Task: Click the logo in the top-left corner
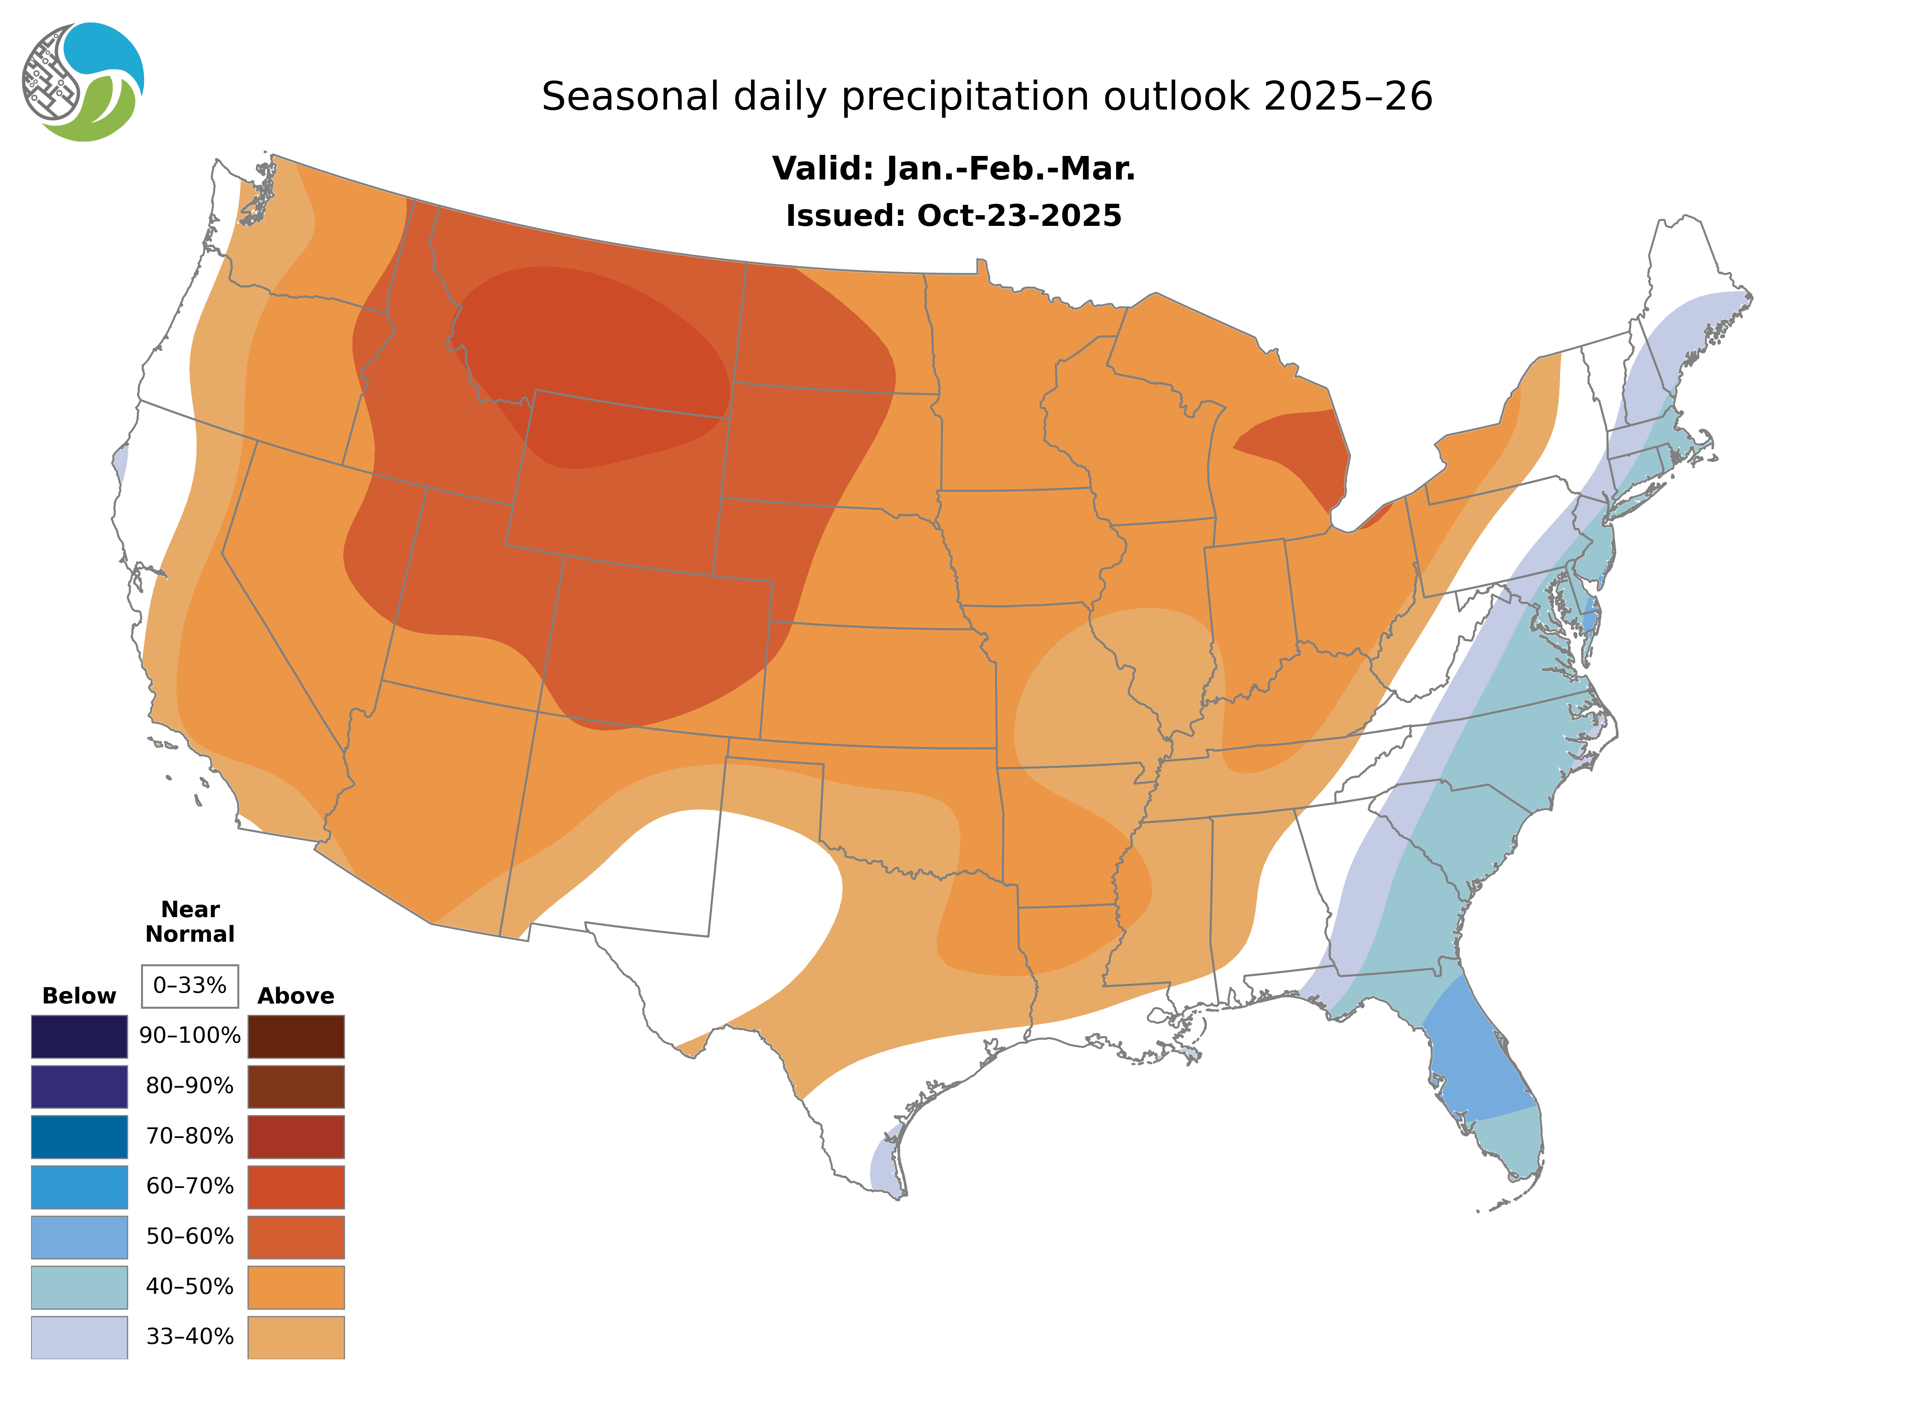[83, 82]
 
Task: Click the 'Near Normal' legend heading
[190, 922]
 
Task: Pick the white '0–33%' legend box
[190, 986]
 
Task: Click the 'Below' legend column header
[79, 996]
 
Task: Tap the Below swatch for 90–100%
[79, 1036]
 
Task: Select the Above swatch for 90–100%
[296, 1036]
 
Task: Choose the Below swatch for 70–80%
[79, 1137]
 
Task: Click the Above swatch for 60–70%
[296, 1187]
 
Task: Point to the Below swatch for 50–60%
[79, 1236]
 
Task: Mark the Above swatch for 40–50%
[296, 1286]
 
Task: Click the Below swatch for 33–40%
[79, 1336]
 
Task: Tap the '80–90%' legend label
[190, 1086]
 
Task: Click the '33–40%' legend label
[190, 1336]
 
